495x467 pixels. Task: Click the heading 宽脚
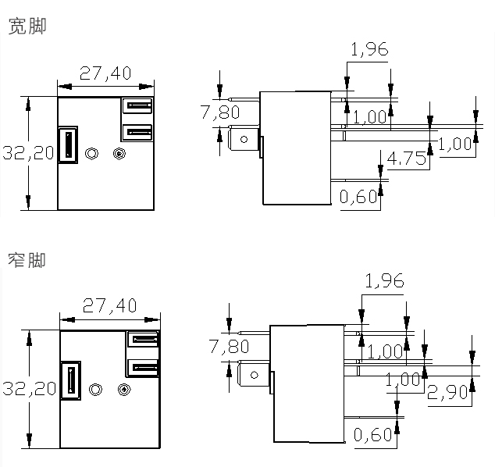click(27, 27)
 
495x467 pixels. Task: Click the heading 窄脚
click(27, 258)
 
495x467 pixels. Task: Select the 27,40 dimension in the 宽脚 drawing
click(105, 73)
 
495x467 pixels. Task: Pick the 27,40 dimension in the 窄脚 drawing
click(109, 305)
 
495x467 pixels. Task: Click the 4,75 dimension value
click(406, 159)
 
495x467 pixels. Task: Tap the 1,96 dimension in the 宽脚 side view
click(369, 50)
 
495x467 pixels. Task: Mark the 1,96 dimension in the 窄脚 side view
click(385, 281)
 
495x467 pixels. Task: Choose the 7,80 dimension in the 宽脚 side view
click(219, 112)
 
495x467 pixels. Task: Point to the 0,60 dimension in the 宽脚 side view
click(359, 197)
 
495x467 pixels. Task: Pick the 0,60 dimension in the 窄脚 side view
click(374, 434)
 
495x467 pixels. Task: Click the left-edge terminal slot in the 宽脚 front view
click(67, 144)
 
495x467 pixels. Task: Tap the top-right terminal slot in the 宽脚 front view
click(137, 105)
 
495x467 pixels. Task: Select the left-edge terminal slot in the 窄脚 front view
click(70, 381)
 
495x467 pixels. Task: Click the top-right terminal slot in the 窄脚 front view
click(144, 339)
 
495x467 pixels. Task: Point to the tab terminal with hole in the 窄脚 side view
click(253, 376)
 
